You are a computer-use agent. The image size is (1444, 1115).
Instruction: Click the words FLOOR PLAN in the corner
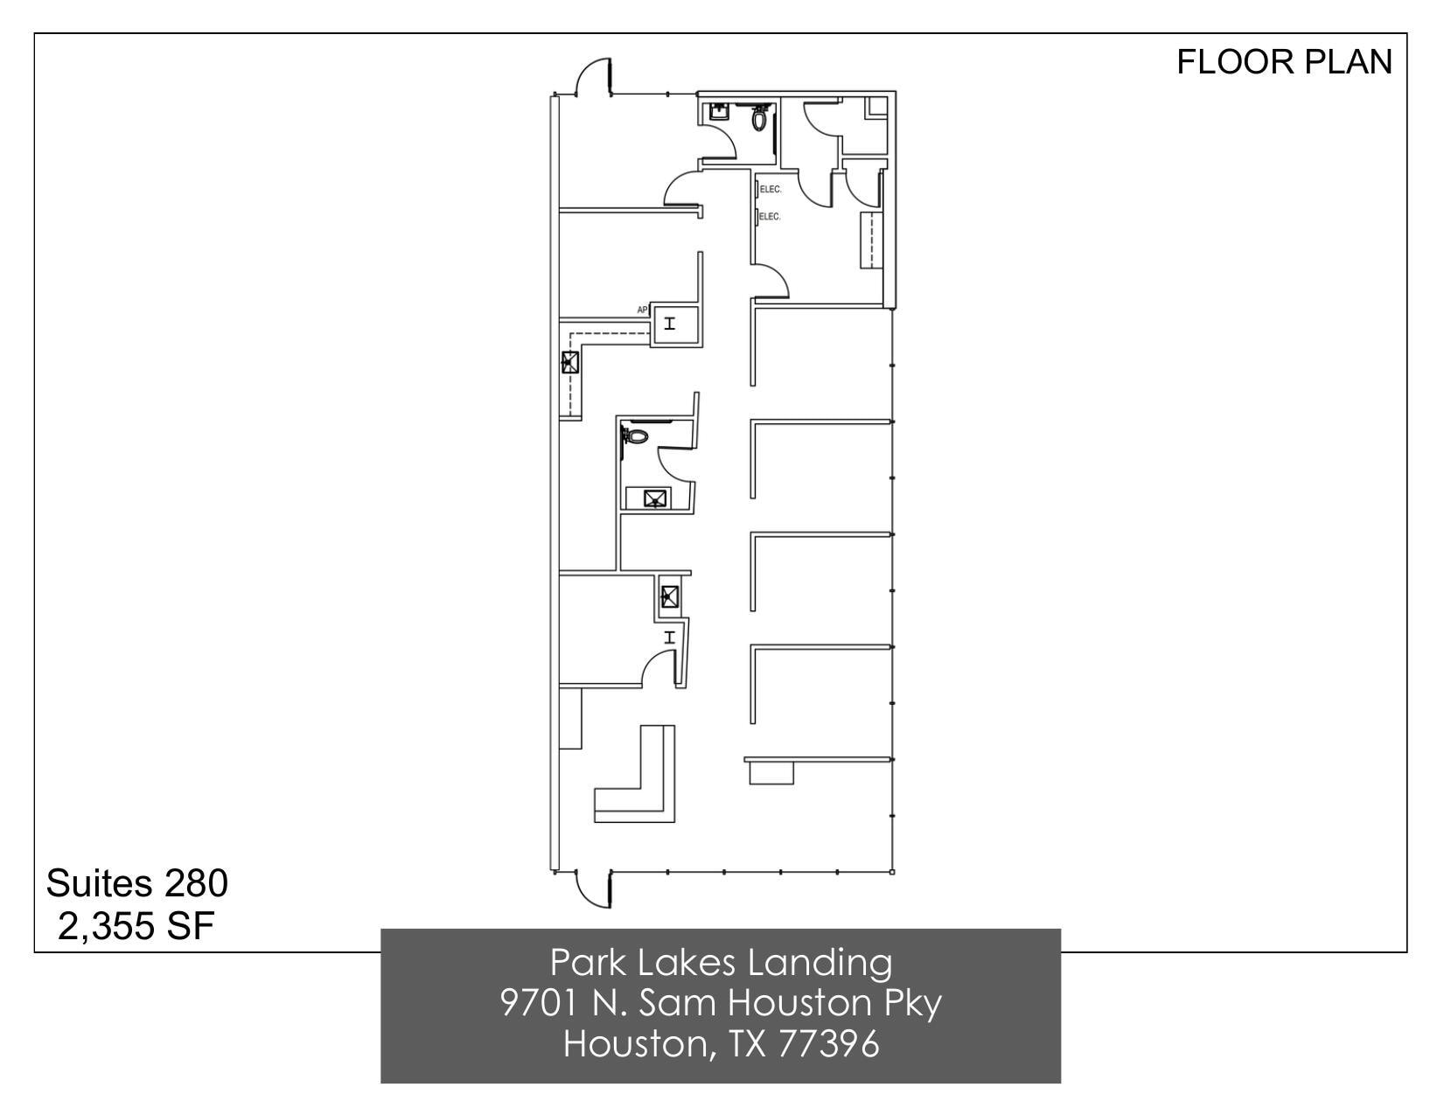[1283, 62]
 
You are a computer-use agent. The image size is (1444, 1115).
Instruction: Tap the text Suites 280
[136, 883]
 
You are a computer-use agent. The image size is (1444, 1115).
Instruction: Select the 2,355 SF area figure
[136, 926]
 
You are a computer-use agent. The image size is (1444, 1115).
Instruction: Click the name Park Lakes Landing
[721, 963]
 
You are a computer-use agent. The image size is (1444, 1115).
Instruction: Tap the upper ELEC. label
[770, 189]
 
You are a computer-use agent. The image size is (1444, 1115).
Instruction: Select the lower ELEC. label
[770, 216]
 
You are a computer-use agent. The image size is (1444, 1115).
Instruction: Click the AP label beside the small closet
[642, 310]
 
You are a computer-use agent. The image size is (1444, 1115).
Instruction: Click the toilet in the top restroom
[759, 117]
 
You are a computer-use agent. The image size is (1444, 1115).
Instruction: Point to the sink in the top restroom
[717, 112]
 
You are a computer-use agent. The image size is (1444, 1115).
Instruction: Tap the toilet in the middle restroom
[636, 435]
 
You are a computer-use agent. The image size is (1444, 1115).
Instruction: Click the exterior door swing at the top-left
[593, 76]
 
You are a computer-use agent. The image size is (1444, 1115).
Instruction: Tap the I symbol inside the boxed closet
[670, 324]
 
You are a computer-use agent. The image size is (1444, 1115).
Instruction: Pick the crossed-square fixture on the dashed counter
[569, 361]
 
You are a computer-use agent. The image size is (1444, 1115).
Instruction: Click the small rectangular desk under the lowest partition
[771, 771]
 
